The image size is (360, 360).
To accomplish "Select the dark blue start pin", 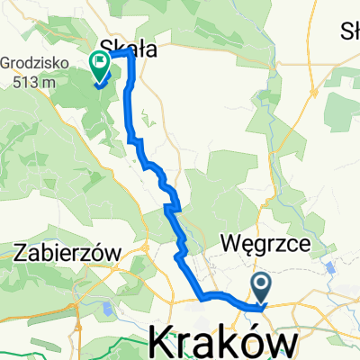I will [x=262, y=290].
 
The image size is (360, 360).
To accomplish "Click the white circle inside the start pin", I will [x=262, y=286].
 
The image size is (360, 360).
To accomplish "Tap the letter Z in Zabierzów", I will [x=22, y=254].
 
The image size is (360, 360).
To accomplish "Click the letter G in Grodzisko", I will [x=7, y=65].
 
